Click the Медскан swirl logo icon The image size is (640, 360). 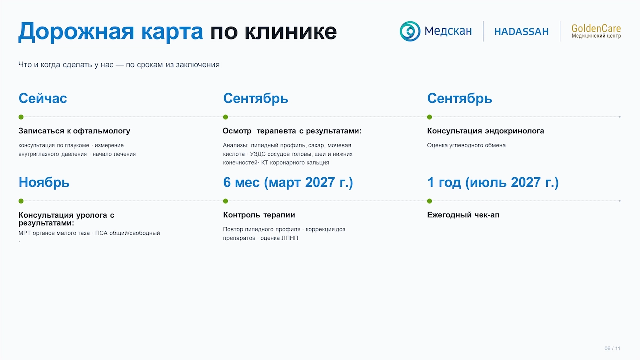(x=410, y=31)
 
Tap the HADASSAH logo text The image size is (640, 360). (x=521, y=31)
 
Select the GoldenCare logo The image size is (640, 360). (x=596, y=31)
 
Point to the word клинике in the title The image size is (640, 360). (x=290, y=31)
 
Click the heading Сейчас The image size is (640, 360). (x=43, y=98)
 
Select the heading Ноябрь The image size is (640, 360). (x=44, y=182)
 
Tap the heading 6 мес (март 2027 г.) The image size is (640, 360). (x=288, y=182)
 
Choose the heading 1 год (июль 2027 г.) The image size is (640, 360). (x=493, y=182)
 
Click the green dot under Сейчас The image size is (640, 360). (x=21, y=117)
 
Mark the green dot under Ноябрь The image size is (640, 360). (x=21, y=201)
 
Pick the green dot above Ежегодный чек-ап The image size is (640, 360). (x=429, y=201)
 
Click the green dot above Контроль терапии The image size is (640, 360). (x=225, y=201)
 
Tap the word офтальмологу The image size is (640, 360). (x=102, y=131)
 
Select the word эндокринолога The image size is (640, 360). (x=515, y=131)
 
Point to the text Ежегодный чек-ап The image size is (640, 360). (x=463, y=215)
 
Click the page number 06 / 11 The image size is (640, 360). (x=612, y=348)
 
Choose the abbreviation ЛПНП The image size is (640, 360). (x=290, y=238)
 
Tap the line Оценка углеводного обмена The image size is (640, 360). (x=466, y=145)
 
